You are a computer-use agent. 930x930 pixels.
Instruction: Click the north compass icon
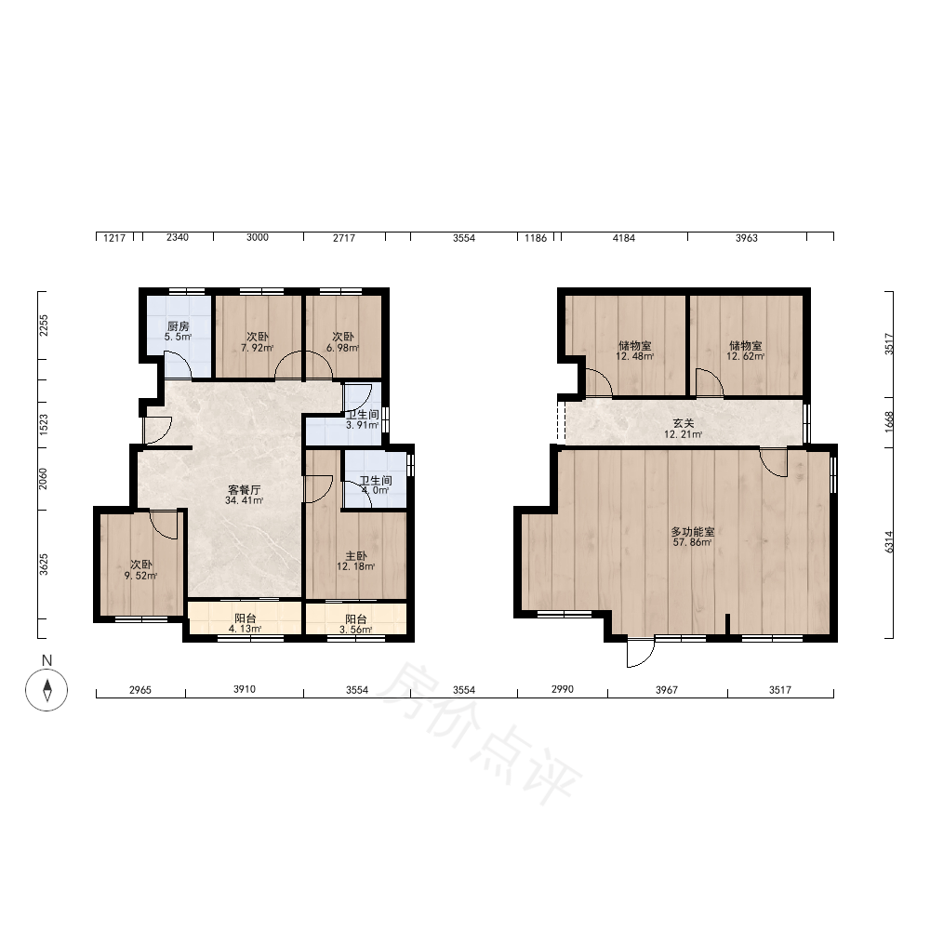pyautogui.click(x=46, y=690)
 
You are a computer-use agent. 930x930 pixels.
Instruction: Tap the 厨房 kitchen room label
pyautogui.click(x=178, y=326)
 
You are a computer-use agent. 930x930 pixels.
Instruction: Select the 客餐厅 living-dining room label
pyautogui.click(x=245, y=490)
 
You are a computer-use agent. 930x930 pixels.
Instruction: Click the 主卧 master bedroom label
pyautogui.click(x=356, y=556)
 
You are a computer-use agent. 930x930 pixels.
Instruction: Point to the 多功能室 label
pyautogui.click(x=692, y=532)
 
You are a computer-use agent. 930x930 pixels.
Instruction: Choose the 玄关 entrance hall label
pyautogui.click(x=684, y=423)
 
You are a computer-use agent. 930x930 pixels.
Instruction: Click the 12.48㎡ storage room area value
pyautogui.click(x=634, y=356)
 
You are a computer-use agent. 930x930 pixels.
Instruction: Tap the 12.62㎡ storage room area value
pyautogui.click(x=746, y=356)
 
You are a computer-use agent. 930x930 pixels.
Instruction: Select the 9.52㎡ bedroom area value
pyautogui.click(x=140, y=576)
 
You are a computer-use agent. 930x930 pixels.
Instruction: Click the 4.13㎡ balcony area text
pyautogui.click(x=245, y=629)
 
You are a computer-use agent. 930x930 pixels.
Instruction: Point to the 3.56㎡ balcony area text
pyautogui.click(x=356, y=630)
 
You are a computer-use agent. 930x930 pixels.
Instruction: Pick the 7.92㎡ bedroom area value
pyautogui.click(x=258, y=348)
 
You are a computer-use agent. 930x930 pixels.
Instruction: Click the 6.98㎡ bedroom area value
pyautogui.click(x=343, y=348)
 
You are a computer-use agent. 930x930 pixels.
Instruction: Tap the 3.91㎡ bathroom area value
pyautogui.click(x=363, y=425)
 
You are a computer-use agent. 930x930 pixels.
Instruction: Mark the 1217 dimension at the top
pyautogui.click(x=114, y=238)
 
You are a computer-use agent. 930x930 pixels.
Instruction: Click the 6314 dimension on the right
pyautogui.click(x=888, y=542)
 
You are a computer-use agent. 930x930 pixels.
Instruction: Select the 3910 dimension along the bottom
pyautogui.click(x=245, y=689)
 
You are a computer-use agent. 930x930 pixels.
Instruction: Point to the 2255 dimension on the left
pyautogui.click(x=44, y=325)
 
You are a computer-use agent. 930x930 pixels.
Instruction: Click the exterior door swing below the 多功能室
pyautogui.click(x=641, y=653)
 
